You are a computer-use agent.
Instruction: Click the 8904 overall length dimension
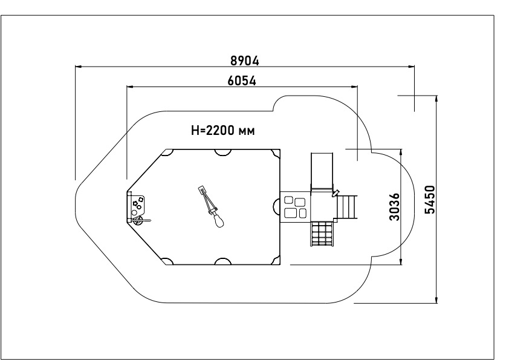click(245, 61)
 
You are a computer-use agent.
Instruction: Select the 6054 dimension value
click(242, 80)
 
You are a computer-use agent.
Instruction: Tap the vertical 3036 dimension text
click(394, 207)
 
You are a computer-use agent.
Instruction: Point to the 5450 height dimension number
click(430, 200)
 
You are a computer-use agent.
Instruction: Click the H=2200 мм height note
click(223, 130)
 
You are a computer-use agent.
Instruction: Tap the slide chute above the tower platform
click(322, 172)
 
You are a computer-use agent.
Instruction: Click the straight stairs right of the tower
click(347, 207)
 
